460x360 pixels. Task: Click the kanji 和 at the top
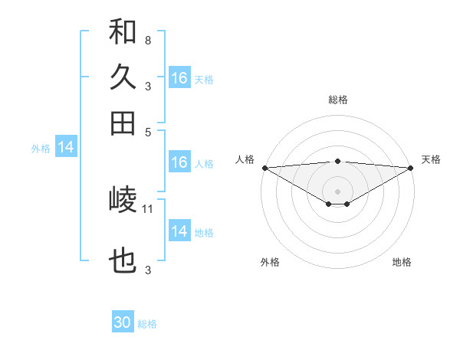coord(123,32)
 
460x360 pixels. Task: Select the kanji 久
coord(123,77)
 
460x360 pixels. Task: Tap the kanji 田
coord(123,123)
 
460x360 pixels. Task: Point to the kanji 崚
coord(123,201)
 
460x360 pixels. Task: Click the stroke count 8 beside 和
coord(147,40)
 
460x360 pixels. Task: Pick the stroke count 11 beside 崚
coord(148,208)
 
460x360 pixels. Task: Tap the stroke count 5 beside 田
coord(147,131)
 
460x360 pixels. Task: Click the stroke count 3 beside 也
coord(147,270)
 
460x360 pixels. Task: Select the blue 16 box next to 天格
coord(179,78)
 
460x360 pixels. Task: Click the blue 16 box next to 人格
coord(179,162)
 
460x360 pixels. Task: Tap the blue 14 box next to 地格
coord(179,231)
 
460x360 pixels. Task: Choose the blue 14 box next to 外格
coord(66,148)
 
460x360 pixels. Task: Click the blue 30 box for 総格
coord(123,322)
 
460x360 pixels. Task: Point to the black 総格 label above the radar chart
coord(338,100)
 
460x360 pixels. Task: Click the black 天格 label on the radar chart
coord(432,159)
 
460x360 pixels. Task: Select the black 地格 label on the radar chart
coord(402,262)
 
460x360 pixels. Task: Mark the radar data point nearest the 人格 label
coord(264,168)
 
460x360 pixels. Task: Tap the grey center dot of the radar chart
coord(338,191)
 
